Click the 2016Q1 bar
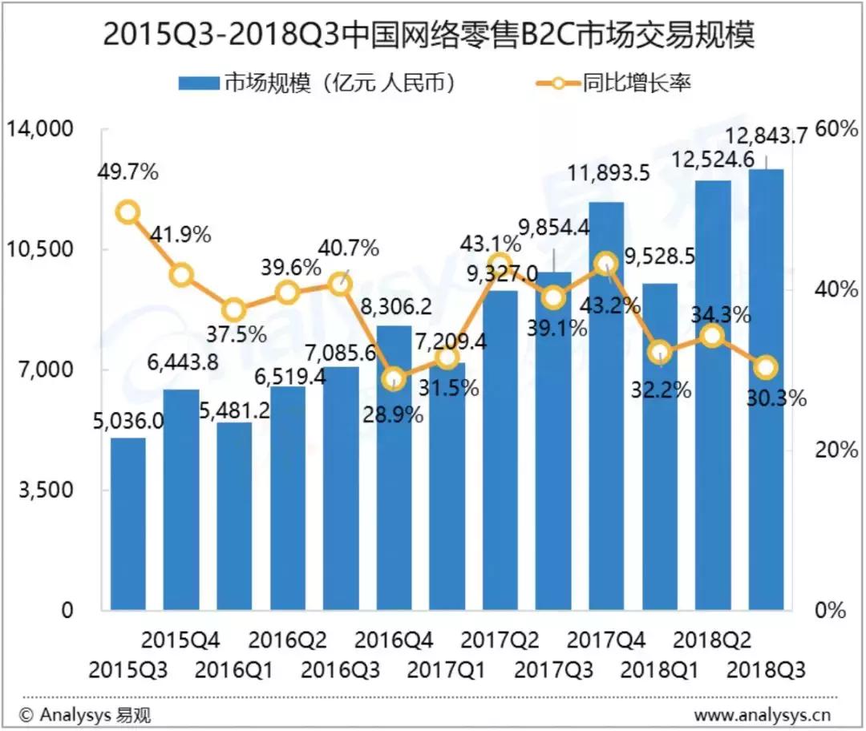234,517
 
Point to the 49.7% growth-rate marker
127,212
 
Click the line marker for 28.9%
393,379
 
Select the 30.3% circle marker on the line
766,368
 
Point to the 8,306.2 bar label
395,305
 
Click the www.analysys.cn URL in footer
762,715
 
